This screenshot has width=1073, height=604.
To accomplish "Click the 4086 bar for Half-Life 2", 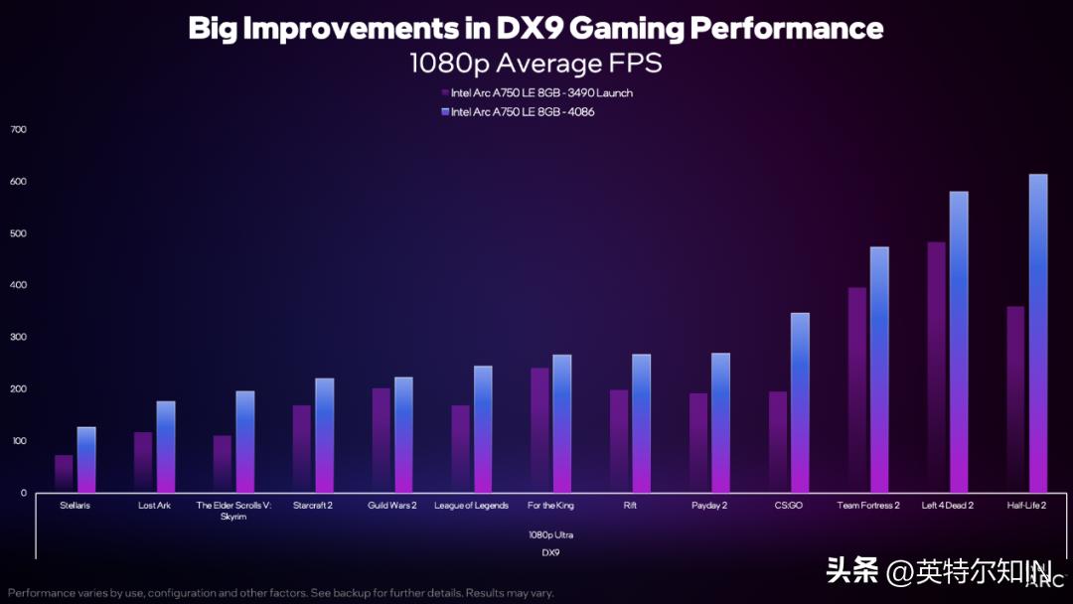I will coord(1038,333).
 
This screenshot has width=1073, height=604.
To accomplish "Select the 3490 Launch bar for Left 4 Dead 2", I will coord(936,367).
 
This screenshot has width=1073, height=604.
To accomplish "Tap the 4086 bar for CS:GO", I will coord(800,402).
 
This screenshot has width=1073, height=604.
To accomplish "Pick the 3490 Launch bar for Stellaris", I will coord(64,473).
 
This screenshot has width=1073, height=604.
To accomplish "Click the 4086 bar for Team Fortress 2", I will coord(879,370).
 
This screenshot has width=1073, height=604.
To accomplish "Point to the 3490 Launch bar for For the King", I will coord(539,429).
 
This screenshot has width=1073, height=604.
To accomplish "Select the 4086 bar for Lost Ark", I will coord(166,446).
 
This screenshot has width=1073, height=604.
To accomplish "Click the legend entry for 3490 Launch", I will coord(536,93).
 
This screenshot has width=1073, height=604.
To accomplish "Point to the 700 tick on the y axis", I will coord(18,130).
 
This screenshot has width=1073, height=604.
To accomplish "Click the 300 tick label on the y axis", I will coord(18,338).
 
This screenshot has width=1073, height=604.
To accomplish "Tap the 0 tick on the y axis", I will coord(23,493).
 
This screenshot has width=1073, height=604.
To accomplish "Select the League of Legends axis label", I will coord(471,506).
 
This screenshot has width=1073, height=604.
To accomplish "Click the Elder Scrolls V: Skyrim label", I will coord(233,511).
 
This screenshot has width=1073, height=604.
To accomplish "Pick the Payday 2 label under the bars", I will coord(710,506).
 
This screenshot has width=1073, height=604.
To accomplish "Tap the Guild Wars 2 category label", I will coord(391,506).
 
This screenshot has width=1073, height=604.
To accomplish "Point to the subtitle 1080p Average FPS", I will coord(536,64).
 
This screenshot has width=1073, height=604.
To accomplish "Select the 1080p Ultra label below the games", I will coord(550,534).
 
